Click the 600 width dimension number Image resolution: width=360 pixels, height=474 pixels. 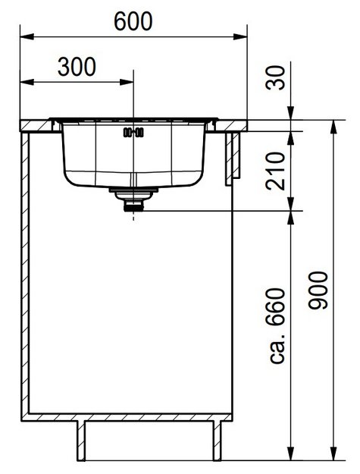click(x=133, y=22)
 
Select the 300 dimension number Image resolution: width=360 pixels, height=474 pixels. click(x=77, y=67)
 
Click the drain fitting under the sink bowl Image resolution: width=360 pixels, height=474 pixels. click(x=133, y=199)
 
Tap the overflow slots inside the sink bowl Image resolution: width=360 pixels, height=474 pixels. click(x=133, y=132)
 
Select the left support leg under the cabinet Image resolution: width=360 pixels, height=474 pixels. click(x=81, y=441)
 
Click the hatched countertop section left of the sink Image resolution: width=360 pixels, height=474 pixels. click(x=35, y=124)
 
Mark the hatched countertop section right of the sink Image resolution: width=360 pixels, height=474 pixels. click(x=233, y=124)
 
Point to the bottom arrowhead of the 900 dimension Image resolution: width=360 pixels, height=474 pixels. click(x=333, y=456)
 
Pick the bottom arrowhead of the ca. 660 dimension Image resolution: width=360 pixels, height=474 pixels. click(x=291, y=456)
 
